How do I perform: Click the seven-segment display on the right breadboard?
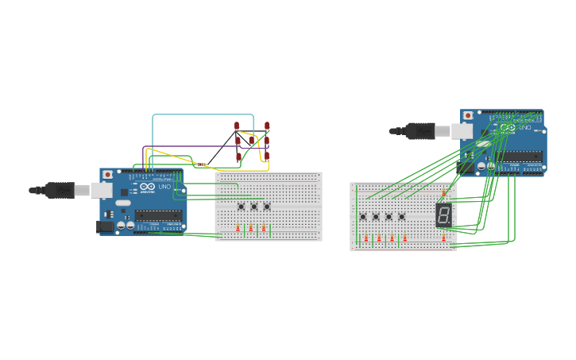pyautogui.click(x=444, y=213)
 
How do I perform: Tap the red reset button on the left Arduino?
pyautogui.click(x=107, y=174)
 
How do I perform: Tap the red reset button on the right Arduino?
pyautogui.click(x=468, y=115)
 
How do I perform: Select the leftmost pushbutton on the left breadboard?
pyautogui.click(x=242, y=207)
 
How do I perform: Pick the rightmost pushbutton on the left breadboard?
pyautogui.click(x=267, y=207)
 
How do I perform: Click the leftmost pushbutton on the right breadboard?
pyautogui.click(x=363, y=216)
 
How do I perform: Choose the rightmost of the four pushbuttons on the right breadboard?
pyautogui.click(x=402, y=216)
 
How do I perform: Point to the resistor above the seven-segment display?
pyautogui.click(x=443, y=193)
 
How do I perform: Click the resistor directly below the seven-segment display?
pyautogui.click(x=443, y=238)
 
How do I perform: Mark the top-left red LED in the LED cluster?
pyautogui.click(x=237, y=126)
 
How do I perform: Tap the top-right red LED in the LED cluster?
pyautogui.click(x=267, y=126)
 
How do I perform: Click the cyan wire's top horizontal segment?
pyautogui.click(x=203, y=114)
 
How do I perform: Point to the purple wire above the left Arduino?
pyautogui.click(x=183, y=146)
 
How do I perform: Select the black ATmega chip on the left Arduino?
pyautogui.click(x=159, y=213)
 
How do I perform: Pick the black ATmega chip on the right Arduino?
pyautogui.click(x=520, y=156)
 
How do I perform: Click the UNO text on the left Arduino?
pyautogui.click(x=164, y=187)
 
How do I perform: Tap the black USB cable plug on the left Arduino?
pyautogui.click(x=60, y=190)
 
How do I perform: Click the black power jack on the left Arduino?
pyautogui.click(x=104, y=226)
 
